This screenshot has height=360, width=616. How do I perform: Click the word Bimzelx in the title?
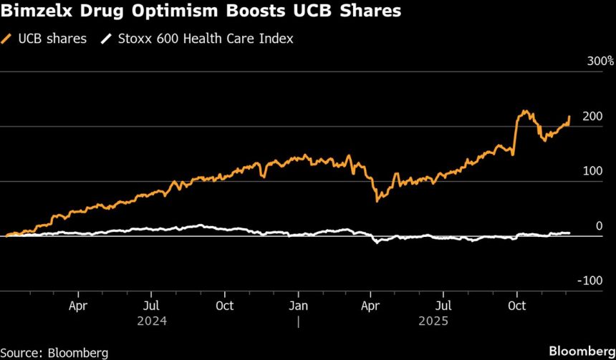(37, 12)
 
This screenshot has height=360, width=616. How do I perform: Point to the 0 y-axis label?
(600, 226)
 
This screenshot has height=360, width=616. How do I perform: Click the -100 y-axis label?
(592, 281)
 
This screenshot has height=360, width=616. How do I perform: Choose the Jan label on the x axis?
(299, 306)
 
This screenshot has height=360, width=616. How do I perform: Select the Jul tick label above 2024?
(151, 306)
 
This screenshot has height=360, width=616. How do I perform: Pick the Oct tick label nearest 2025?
(516, 306)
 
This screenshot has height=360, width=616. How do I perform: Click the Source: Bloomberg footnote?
(54, 352)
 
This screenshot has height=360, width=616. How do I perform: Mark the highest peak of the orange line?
(525, 111)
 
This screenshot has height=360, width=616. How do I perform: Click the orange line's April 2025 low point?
(377, 201)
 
